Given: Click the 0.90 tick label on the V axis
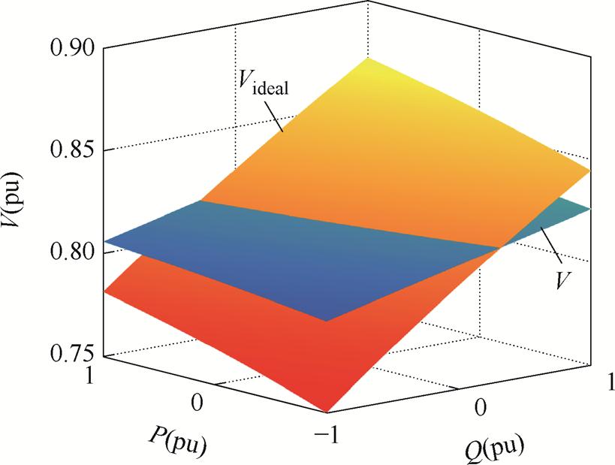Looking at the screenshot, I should click(x=72, y=49).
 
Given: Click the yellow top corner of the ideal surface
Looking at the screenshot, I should click(x=368, y=58).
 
